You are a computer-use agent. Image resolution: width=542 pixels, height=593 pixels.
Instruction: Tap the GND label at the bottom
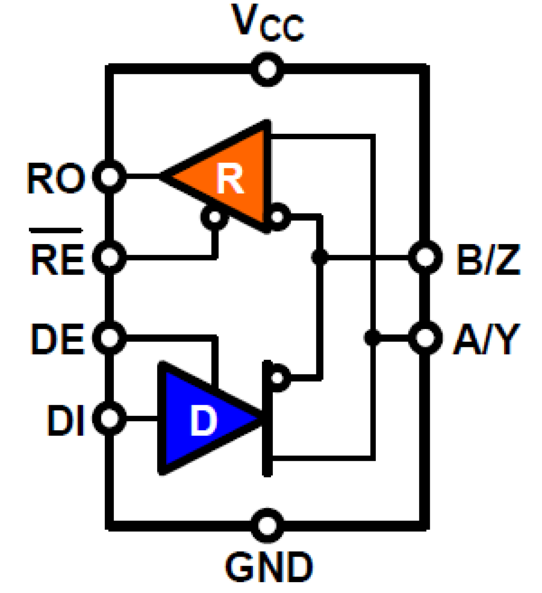[x=268, y=567]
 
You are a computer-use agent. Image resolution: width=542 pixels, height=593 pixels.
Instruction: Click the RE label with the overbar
[x=57, y=258]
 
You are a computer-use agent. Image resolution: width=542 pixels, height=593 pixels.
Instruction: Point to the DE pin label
[x=57, y=339]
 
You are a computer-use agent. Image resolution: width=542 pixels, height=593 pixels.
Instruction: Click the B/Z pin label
[x=488, y=260]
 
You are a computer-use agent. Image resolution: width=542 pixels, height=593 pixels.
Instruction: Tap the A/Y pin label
[x=486, y=339]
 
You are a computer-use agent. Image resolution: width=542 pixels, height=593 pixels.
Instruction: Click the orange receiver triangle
[x=229, y=177]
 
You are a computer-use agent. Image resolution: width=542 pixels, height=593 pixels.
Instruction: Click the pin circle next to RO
[x=110, y=176]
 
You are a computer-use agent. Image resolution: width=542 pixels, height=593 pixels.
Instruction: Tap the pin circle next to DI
[x=110, y=418]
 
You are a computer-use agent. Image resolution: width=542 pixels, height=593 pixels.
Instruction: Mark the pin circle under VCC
[x=268, y=69]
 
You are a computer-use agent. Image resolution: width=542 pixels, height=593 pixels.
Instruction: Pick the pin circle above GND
[x=268, y=525]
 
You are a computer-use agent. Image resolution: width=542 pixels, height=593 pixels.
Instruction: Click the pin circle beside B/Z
[x=425, y=257]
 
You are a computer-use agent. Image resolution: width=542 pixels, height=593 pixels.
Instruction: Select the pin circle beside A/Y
[x=425, y=337]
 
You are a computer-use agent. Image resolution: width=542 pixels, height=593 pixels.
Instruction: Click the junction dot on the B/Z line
[x=320, y=257]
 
